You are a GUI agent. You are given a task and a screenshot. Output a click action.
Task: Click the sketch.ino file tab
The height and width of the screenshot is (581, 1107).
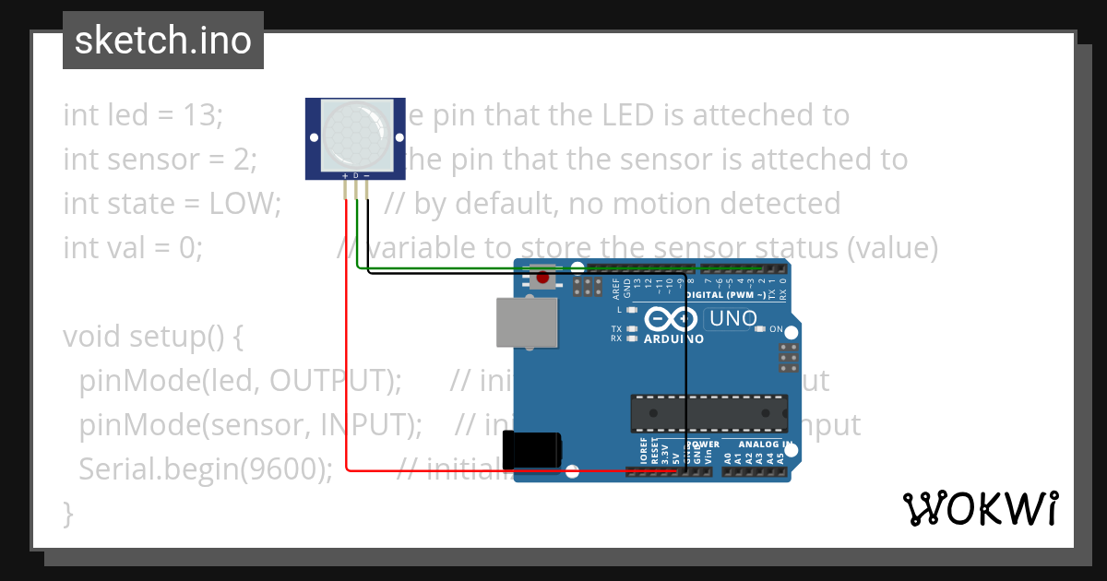[162, 41]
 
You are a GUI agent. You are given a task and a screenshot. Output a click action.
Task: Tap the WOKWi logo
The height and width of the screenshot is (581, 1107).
[980, 508]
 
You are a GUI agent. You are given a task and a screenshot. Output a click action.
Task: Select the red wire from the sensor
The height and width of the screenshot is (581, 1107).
[346, 369]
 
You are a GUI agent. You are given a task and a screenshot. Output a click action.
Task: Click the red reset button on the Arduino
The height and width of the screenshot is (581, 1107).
[542, 277]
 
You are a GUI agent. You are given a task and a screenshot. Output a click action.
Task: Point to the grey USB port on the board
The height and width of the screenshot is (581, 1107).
[527, 322]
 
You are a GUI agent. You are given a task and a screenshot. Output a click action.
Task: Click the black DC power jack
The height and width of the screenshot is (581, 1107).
[532, 449]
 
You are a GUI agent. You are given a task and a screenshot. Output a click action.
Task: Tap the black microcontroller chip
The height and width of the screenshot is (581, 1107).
[708, 412]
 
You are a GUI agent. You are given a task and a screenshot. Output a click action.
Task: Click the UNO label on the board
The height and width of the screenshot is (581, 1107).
[731, 319]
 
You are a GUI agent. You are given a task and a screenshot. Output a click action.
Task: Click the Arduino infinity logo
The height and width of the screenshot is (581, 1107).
[671, 319]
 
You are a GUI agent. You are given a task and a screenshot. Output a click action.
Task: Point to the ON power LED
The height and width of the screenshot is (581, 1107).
[760, 329]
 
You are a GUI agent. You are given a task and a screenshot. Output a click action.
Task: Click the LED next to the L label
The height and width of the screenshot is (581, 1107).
[633, 310]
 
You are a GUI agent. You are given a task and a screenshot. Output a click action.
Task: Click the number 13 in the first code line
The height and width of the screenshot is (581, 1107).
[203, 115]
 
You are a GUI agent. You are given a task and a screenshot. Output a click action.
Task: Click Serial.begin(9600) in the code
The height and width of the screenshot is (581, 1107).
[205, 468]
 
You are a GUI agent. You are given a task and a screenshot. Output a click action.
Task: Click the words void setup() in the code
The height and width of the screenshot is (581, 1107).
[152, 337]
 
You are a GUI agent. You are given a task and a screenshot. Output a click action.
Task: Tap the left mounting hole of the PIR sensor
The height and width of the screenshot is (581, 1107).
[313, 137]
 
